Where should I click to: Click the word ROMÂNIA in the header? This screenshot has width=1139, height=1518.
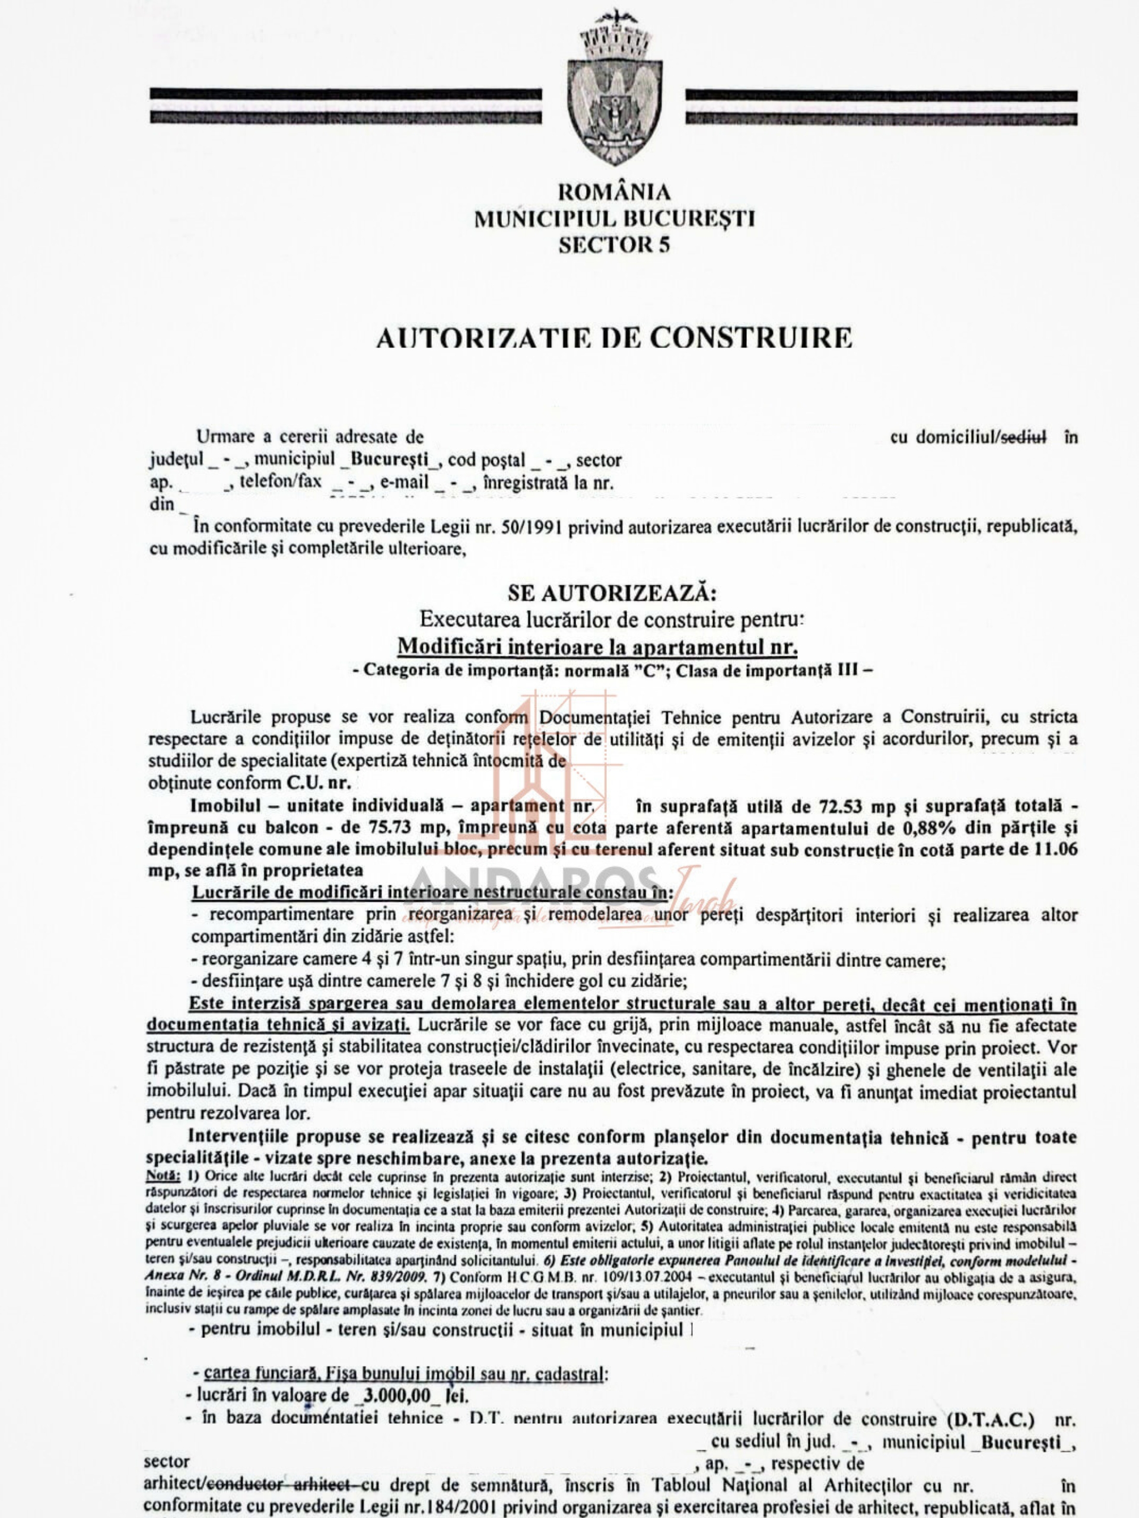(x=615, y=192)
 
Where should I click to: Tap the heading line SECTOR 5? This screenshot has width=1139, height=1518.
(x=614, y=245)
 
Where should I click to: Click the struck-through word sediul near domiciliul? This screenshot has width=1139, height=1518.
(x=1025, y=436)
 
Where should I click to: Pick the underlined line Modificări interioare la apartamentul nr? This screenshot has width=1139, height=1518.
(x=598, y=646)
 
